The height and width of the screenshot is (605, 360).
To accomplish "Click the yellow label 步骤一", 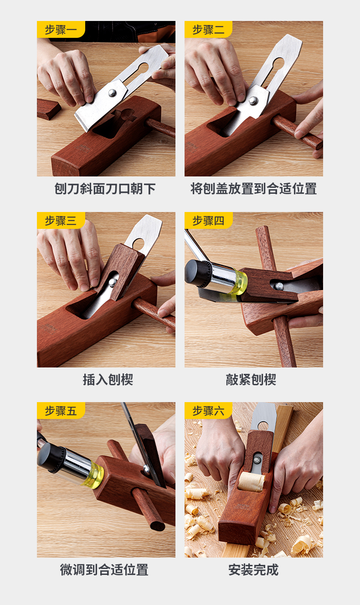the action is pos(61,30).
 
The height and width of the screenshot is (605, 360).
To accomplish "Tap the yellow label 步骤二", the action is pos(208,30).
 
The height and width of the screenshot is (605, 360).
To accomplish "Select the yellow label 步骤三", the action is pos(61,220).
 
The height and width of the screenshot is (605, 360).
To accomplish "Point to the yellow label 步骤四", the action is pos(208,220).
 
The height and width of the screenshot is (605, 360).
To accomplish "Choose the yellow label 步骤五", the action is pos(61,410).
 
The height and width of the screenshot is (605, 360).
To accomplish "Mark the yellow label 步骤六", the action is pos(208,410).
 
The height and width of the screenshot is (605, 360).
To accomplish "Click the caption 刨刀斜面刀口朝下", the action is pos(105,189).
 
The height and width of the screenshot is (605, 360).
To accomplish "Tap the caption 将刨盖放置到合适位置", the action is pos(254,189).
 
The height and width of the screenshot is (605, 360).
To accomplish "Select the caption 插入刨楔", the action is pos(108,379).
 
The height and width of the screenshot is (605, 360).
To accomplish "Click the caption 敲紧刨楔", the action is pos(251,379).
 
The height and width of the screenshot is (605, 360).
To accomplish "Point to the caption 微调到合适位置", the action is pos(104,569).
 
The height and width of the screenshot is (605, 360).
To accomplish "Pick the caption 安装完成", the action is pos(253,569).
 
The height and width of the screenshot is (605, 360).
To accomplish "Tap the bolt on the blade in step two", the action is pos(253,100).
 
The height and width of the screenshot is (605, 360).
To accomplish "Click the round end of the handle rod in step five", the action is pos(157,526).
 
